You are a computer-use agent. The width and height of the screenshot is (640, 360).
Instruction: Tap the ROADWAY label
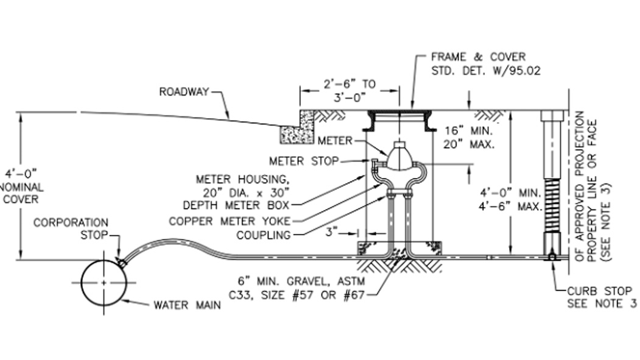click(x=183, y=92)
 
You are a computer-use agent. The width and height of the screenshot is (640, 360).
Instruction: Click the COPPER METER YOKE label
click(x=230, y=221)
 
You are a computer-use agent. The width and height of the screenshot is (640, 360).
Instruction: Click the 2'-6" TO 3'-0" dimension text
click(x=350, y=90)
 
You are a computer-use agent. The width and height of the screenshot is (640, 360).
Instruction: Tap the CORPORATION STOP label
click(x=71, y=228)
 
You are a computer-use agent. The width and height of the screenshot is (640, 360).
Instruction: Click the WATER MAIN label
click(x=187, y=305)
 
